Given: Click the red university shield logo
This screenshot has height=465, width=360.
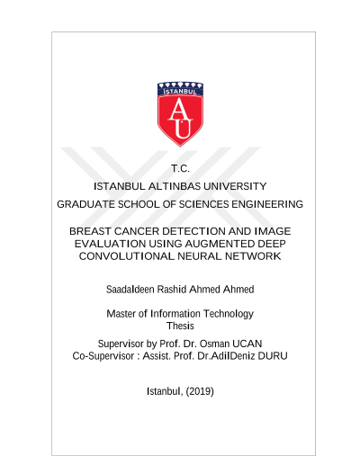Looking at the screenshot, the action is [x=180, y=114].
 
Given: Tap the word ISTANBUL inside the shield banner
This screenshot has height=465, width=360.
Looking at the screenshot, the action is [x=180, y=92].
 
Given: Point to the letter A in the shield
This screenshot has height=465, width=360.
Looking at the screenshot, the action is [x=180, y=109].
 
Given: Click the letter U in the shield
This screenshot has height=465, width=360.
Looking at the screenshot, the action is [x=182, y=129].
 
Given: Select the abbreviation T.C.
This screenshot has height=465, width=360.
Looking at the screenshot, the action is [x=180, y=168].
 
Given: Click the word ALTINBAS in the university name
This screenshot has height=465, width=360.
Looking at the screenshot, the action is [x=175, y=186].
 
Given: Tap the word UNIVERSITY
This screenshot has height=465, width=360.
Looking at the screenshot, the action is [x=235, y=186].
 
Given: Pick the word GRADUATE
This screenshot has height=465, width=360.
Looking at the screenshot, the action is [x=85, y=204].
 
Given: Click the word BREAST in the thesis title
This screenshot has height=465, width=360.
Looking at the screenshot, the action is [x=90, y=231].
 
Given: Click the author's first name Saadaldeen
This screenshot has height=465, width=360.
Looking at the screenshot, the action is [x=130, y=290].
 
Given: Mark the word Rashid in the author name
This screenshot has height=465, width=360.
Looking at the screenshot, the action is [x=172, y=290].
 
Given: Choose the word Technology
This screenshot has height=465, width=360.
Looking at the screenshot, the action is [x=229, y=314].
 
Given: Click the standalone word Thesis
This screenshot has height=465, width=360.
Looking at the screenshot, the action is [x=180, y=326].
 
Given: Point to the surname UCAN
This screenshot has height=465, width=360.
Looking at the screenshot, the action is [x=247, y=344].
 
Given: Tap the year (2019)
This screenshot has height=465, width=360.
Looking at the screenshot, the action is [x=200, y=391].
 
